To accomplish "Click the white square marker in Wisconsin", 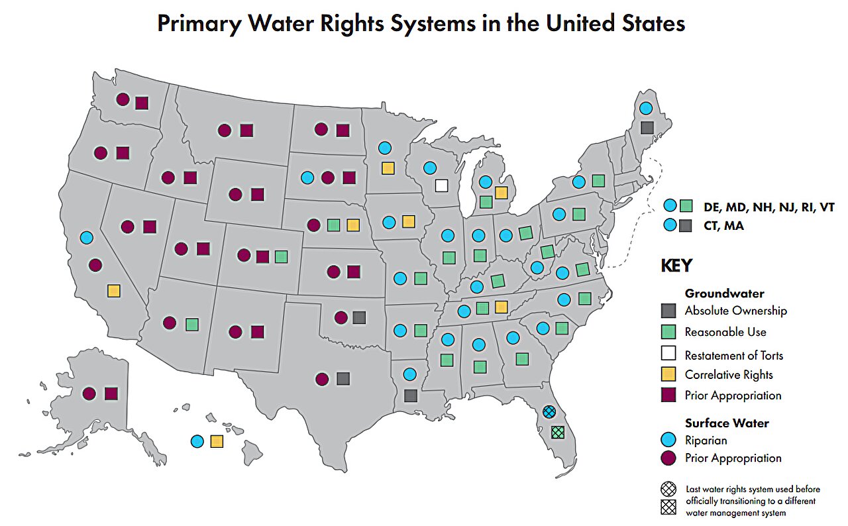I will click(x=441, y=185).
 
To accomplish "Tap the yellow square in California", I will click(x=114, y=290).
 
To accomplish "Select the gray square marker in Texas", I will click(x=343, y=378).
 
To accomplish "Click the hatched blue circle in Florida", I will click(x=549, y=411).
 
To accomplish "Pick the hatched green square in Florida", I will click(x=558, y=432).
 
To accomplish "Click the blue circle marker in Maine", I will click(x=645, y=108).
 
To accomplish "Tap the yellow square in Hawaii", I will click(x=217, y=441).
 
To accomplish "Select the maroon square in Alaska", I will click(x=111, y=394).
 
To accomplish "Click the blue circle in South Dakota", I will click(x=307, y=178).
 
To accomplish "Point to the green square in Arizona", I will click(x=192, y=324).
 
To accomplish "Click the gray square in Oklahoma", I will click(x=359, y=317).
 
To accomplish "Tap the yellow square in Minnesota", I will click(x=388, y=168).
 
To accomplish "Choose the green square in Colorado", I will click(x=281, y=256).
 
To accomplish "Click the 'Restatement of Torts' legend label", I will click(x=733, y=355).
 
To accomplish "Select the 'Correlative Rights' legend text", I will click(x=729, y=374).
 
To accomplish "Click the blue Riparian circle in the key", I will click(x=668, y=441).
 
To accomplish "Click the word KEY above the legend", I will click(x=676, y=266).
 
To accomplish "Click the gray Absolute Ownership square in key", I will click(x=668, y=310).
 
